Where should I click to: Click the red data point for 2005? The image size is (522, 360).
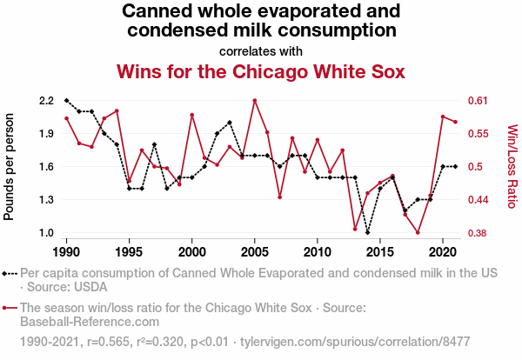(255, 101)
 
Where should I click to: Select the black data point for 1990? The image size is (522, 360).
(66, 101)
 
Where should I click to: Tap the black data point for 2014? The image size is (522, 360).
(368, 232)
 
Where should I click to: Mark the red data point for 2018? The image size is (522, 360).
(418, 232)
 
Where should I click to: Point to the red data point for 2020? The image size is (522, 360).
(444, 117)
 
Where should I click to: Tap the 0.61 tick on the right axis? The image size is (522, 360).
(479, 101)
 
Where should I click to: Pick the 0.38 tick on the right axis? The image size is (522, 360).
(479, 233)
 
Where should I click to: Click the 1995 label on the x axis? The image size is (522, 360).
(129, 250)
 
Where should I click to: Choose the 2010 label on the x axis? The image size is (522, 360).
(318, 250)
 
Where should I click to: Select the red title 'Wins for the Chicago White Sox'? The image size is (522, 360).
(261, 71)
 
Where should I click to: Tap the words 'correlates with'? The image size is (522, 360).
(261, 50)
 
